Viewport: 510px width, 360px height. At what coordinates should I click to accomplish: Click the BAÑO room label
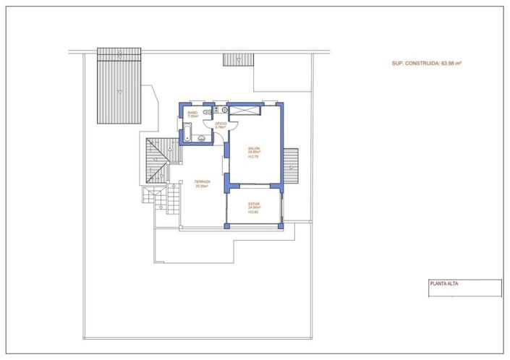pos(192,113)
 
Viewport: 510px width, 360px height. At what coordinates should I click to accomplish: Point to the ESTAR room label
pos(254,205)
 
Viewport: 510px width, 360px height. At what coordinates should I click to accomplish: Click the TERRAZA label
pos(202,181)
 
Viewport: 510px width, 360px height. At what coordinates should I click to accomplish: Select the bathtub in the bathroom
pos(187,132)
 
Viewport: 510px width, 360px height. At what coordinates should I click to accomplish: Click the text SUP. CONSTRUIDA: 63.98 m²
pos(426,63)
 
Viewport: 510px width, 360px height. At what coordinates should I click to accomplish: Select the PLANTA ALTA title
pos(445,283)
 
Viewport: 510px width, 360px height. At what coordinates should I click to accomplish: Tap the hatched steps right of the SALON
pos(292,166)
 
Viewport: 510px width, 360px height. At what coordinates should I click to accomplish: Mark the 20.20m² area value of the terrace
pos(202,186)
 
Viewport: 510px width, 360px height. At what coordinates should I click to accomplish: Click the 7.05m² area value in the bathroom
pos(192,116)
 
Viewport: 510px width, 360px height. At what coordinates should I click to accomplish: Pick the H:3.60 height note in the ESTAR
pos(254,213)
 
